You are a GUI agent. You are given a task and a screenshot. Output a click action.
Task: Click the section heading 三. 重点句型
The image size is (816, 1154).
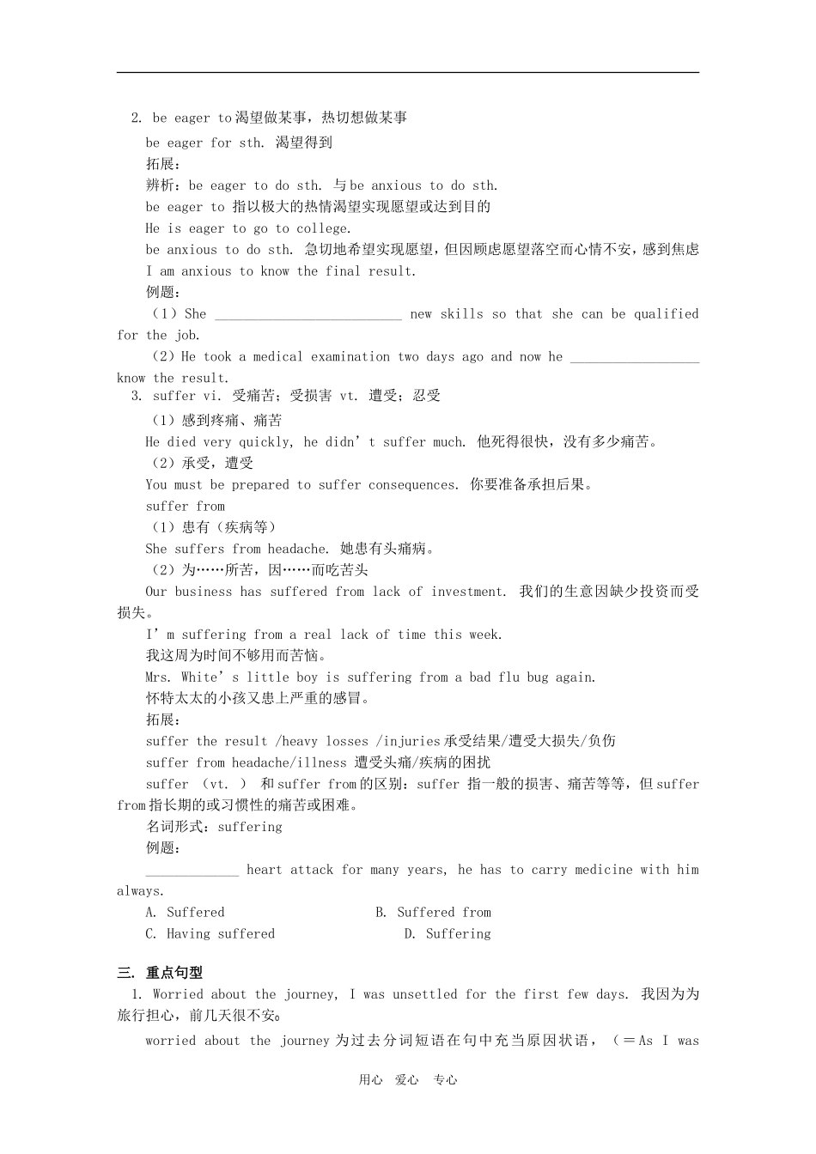click(160, 973)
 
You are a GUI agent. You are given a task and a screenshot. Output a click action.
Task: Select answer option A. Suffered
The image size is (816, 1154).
click(186, 913)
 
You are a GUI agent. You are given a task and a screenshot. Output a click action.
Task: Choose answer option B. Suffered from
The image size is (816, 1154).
click(433, 913)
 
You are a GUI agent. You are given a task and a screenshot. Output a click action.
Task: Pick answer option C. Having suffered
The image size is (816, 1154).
click(210, 934)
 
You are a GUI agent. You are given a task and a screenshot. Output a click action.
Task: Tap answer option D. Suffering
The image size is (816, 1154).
click(448, 934)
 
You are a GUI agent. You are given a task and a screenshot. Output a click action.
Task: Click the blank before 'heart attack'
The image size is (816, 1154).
click(192, 871)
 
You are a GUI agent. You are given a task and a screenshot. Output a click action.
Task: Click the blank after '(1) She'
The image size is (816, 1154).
click(308, 315)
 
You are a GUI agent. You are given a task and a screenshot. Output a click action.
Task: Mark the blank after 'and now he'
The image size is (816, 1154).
click(634, 357)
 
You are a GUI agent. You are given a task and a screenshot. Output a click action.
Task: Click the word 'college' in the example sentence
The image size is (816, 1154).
click(323, 228)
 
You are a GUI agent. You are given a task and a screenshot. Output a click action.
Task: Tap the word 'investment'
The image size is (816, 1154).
click(469, 592)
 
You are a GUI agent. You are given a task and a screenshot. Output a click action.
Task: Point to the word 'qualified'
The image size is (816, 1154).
click(666, 314)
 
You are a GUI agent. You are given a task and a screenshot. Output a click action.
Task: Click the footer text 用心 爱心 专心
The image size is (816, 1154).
click(408, 1080)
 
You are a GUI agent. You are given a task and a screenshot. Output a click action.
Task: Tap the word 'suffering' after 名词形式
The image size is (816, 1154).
click(250, 827)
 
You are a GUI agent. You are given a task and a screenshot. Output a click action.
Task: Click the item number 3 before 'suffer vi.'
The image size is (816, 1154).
click(136, 396)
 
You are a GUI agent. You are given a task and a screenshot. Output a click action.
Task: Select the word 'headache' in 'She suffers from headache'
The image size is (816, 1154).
click(297, 550)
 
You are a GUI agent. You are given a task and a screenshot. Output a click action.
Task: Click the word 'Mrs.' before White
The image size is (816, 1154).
click(159, 677)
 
